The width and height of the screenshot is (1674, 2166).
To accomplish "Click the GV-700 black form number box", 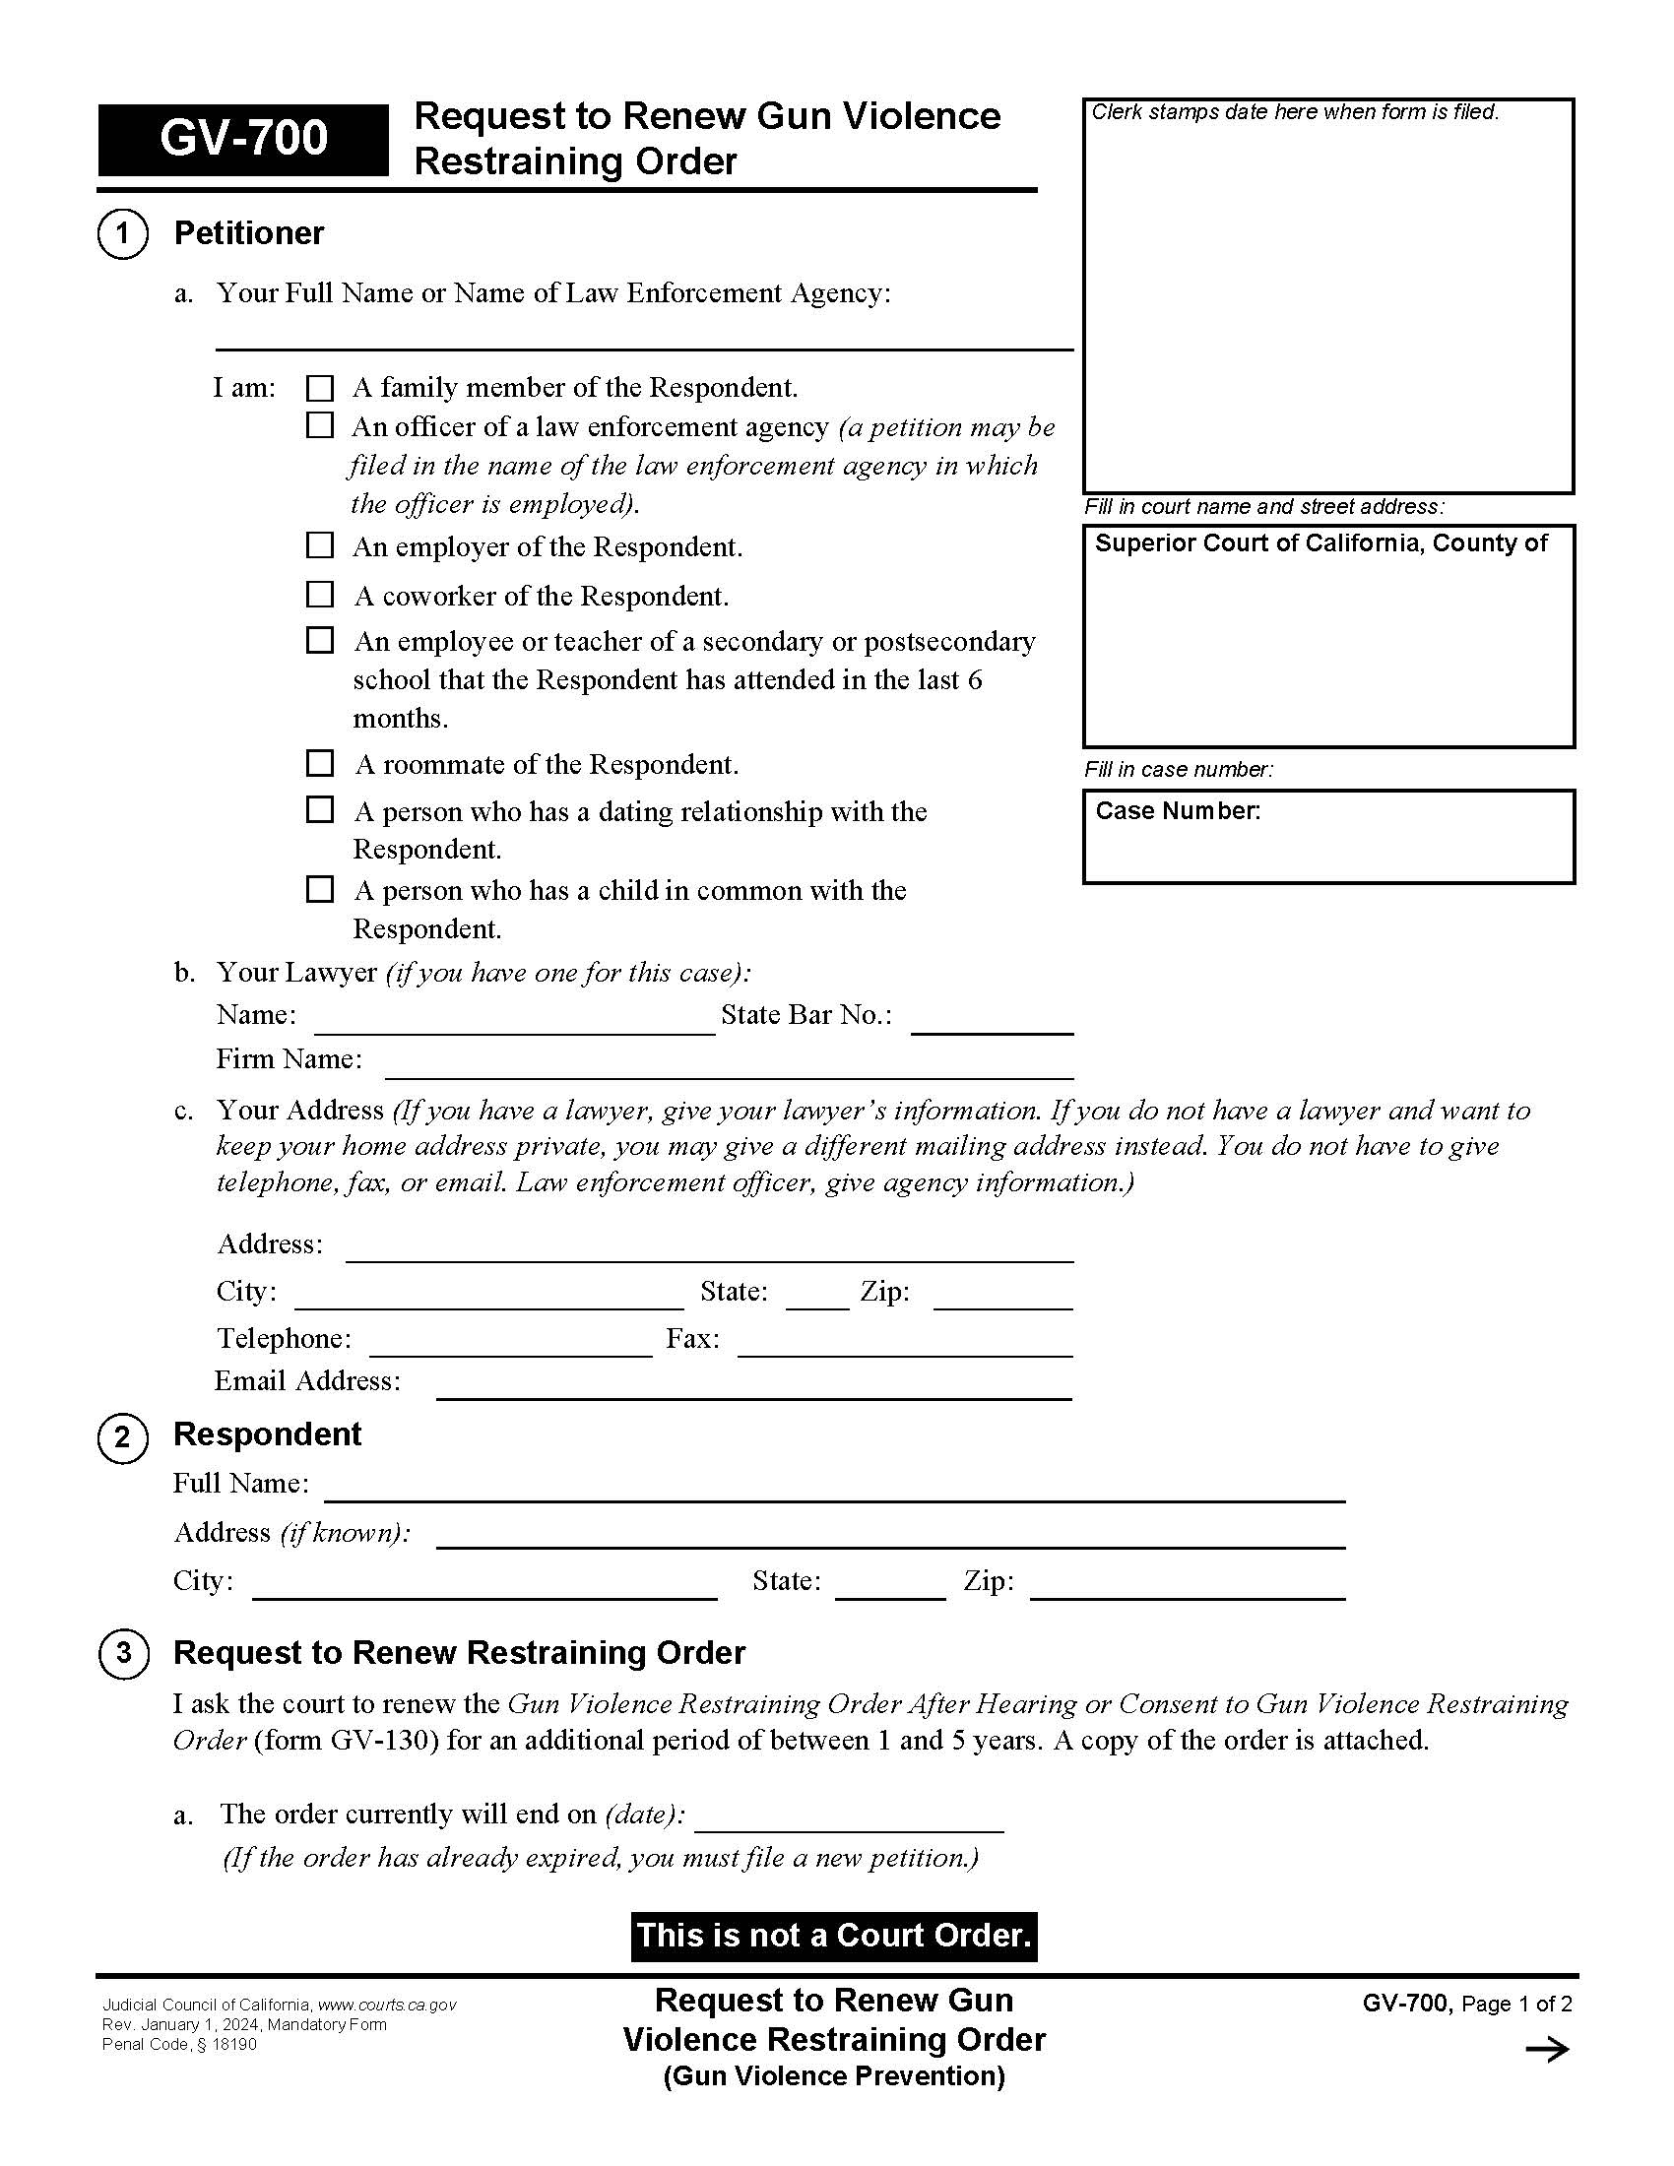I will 243,139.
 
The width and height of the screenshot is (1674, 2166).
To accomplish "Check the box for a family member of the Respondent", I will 319,388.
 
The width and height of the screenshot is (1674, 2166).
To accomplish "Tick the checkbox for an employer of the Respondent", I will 319,545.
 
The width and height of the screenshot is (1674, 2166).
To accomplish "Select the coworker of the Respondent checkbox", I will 319,594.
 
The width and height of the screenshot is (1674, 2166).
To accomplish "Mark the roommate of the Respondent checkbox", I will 319,763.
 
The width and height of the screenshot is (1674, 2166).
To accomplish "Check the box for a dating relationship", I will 319,810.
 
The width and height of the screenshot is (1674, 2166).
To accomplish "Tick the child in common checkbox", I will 319,889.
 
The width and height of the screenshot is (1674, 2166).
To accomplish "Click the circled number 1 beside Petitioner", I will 123,234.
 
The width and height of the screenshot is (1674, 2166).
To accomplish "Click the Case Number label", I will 1177,811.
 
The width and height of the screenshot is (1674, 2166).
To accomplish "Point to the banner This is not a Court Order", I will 834,1936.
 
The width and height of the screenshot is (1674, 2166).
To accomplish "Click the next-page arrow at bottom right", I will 1547,2050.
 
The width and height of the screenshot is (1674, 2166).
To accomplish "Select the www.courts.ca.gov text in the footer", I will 387,2005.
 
